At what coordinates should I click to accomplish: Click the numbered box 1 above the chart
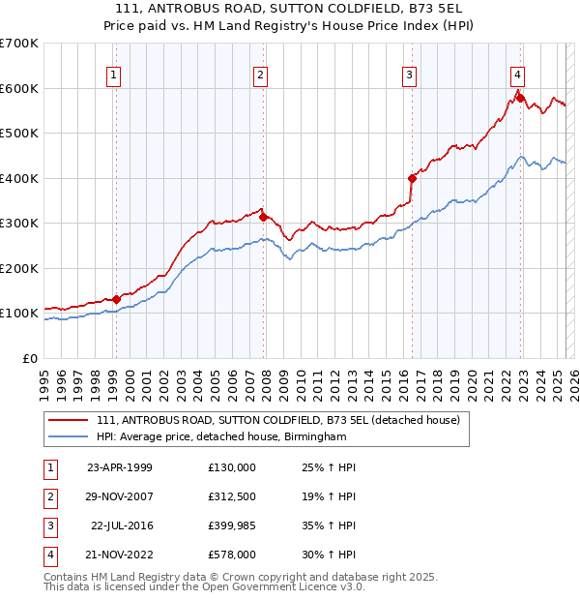coord(114,75)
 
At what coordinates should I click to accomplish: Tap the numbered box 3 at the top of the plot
coord(410,75)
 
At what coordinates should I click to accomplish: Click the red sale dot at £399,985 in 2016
coord(412,178)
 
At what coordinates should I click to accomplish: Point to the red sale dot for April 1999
coord(116,299)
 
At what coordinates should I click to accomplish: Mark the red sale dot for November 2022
coord(520,98)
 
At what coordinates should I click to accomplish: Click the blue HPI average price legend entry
coord(220,437)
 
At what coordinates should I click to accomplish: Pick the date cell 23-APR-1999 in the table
coord(120,467)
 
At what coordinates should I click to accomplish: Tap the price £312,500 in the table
coord(232,496)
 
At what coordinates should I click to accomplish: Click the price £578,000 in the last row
coord(232,555)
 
